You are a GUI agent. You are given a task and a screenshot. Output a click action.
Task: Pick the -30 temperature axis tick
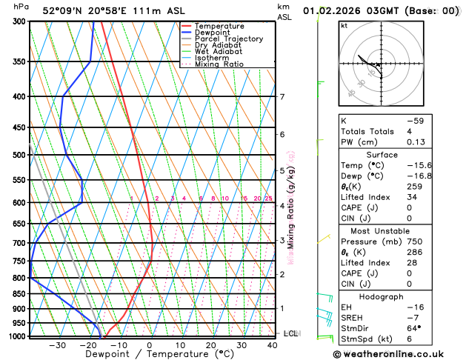pyautogui.click(x=56, y=345)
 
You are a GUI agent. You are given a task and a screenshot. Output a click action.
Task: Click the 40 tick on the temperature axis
pyautogui.click(x=273, y=345)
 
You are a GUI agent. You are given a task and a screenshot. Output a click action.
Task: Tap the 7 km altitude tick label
pyautogui.click(x=282, y=97)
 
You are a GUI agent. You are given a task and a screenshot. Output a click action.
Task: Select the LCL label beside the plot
pyautogui.click(x=290, y=334)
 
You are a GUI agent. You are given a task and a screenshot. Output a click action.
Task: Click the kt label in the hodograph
pyautogui.click(x=344, y=25)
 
